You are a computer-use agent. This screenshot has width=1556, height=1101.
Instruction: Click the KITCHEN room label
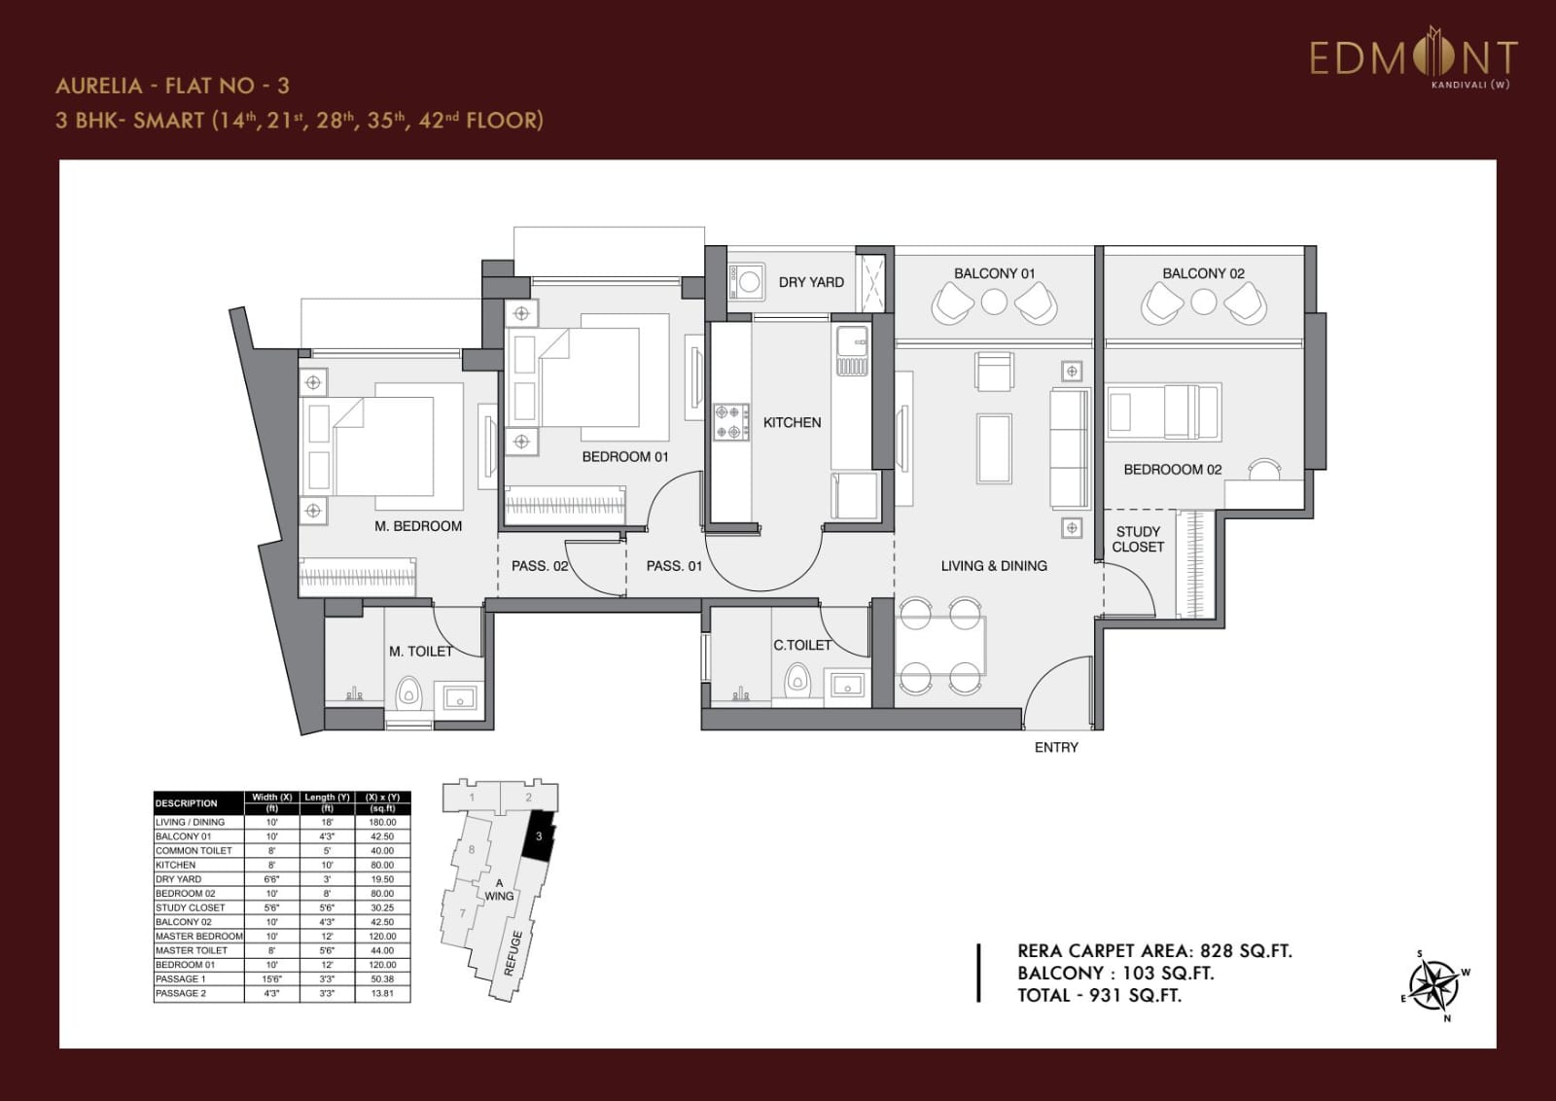(x=792, y=422)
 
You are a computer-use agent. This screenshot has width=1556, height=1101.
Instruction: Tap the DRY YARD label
(x=811, y=282)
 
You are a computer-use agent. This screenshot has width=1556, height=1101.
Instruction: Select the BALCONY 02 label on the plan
(x=1203, y=273)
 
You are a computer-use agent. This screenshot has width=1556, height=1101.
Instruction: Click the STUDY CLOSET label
(x=1138, y=539)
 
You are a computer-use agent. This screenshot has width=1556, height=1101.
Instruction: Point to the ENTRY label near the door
(x=1056, y=747)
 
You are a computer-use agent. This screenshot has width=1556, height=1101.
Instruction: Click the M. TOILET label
(x=420, y=652)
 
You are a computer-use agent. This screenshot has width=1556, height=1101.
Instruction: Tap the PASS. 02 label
(x=539, y=566)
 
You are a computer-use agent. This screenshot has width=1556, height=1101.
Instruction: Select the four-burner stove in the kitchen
(x=731, y=422)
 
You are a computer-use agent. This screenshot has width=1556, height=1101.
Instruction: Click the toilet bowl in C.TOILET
(x=796, y=680)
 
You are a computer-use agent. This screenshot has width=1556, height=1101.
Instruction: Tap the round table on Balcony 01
(x=994, y=302)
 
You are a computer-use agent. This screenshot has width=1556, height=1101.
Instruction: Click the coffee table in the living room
(x=994, y=447)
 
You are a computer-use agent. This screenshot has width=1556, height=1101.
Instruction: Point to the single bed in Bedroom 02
(x=1163, y=410)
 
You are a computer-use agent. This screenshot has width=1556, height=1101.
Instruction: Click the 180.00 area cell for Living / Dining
(x=382, y=822)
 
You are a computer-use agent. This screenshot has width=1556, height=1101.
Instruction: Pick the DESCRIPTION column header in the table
(x=187, y=803)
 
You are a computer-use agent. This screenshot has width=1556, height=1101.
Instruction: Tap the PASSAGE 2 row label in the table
(x=181, y=993)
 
